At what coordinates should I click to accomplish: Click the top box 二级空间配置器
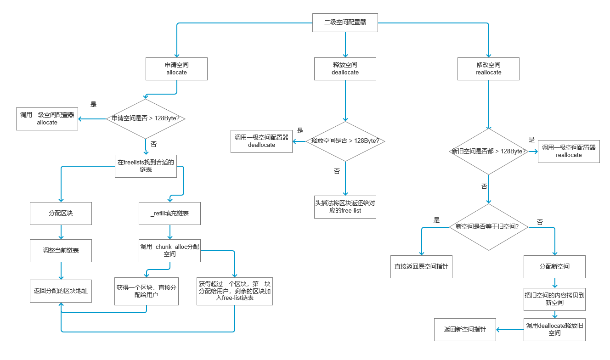345,22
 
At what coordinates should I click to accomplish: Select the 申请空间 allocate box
176,69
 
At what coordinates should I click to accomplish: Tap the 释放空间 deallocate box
345,69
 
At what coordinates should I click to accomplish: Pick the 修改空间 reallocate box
488,69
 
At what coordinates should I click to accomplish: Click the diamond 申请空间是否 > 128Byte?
146,118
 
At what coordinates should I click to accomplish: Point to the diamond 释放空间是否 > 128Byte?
345,141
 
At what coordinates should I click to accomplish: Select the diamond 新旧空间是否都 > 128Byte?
488,152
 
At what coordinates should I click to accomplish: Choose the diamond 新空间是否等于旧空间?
488,227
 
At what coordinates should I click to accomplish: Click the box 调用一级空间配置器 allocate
47,119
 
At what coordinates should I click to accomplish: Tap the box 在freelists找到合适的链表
146,166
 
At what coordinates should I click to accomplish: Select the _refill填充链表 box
169,214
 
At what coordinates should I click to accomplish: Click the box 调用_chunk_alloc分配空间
169,250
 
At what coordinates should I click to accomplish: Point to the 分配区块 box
61,214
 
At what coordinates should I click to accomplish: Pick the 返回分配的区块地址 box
61,291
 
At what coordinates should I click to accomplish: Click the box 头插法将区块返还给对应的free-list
345,207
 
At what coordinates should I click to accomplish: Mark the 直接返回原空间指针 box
421,267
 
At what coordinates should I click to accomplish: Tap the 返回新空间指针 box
465,330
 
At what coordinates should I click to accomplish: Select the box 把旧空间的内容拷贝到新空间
554,299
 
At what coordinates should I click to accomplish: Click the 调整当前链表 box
61,251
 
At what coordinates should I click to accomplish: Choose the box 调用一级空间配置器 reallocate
569,152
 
